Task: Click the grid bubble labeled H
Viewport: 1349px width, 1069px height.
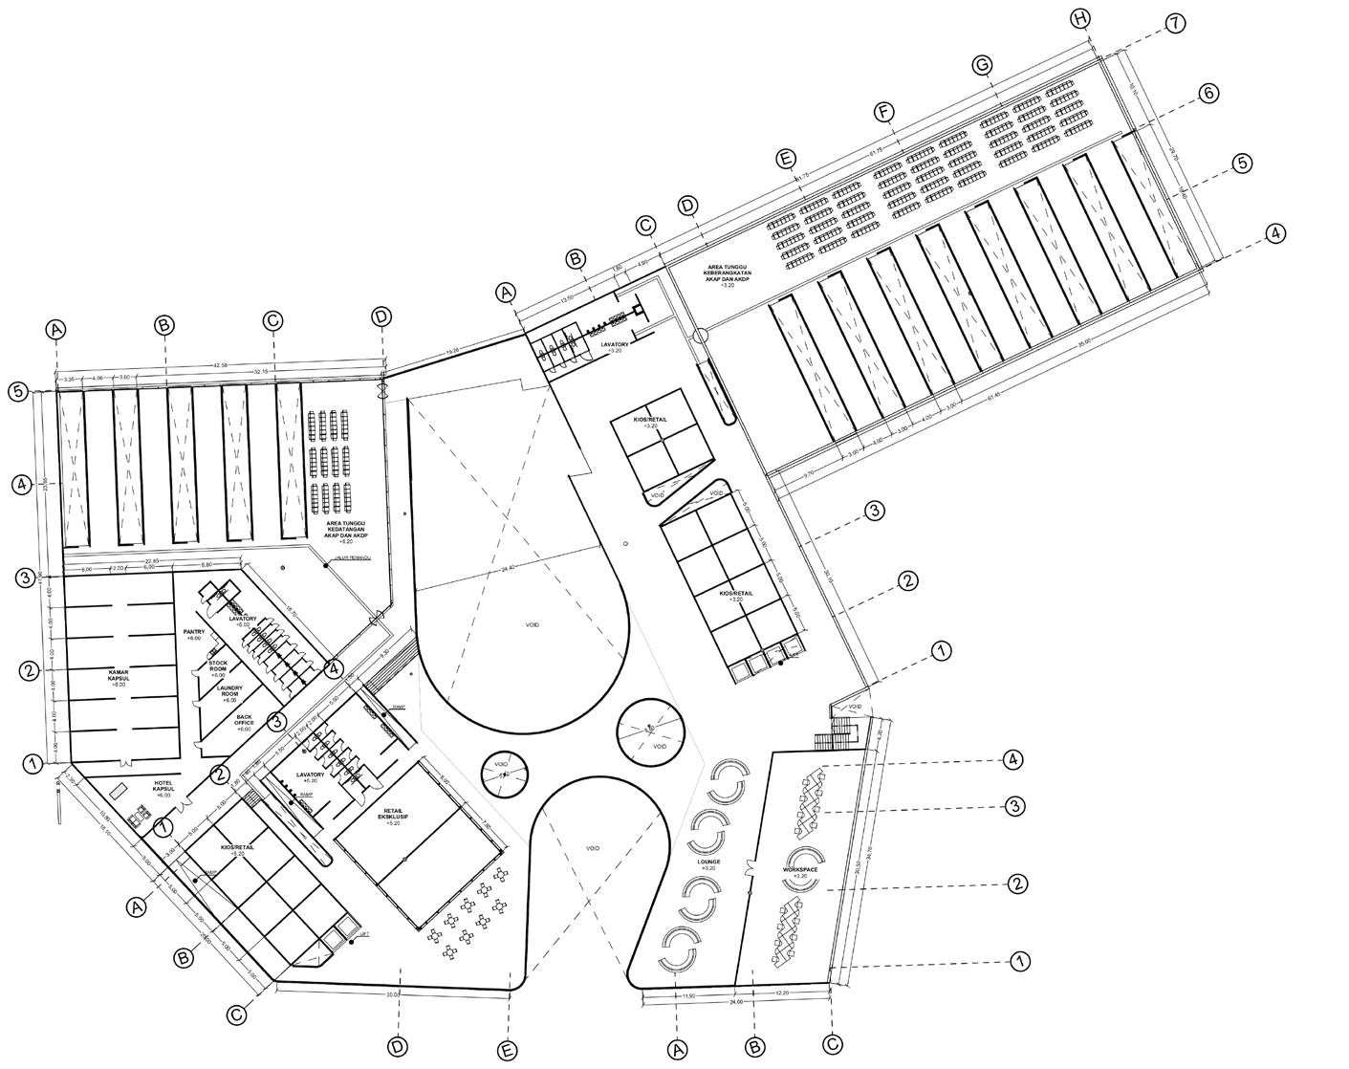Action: coord(1080,19)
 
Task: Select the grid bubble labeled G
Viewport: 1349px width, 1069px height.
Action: coord(982,65)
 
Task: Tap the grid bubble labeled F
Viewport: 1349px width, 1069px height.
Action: coord(883,112)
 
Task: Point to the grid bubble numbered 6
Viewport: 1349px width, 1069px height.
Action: coord(1208,93)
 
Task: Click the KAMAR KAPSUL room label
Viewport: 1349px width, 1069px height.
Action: coord(119,678)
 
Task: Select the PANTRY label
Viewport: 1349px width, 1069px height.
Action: coord(195,635)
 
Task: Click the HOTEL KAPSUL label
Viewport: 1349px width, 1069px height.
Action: coord(162,789)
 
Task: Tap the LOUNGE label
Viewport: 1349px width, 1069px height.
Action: coord(708,863)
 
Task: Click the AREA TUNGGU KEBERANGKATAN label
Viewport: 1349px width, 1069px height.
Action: coord(727,275)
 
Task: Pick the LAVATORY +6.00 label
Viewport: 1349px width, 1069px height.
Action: coord(243,621)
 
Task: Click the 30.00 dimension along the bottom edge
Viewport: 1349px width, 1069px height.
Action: coord(392,994)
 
